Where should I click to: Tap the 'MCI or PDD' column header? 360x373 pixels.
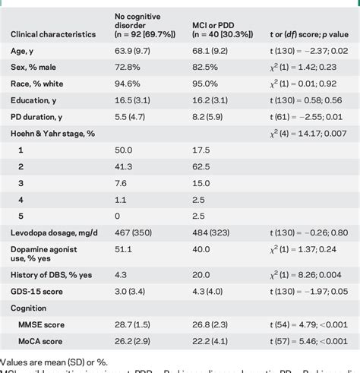tap(220, 28)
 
